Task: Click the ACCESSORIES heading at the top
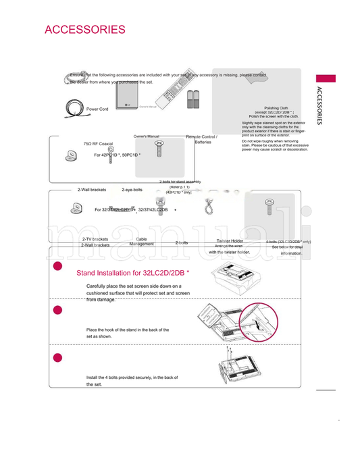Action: [84, 30]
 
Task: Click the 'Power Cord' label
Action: [97, 109]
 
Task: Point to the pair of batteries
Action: [194, 101]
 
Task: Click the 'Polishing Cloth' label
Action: [276, 107]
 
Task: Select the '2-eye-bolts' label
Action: [132, 190]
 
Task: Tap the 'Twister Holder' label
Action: [230, 240]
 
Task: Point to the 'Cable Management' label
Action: [142, 241]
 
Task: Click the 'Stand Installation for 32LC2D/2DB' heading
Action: [134, 274]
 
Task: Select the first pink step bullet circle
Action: [57, 268]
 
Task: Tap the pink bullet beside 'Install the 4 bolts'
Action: [57, 357]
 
